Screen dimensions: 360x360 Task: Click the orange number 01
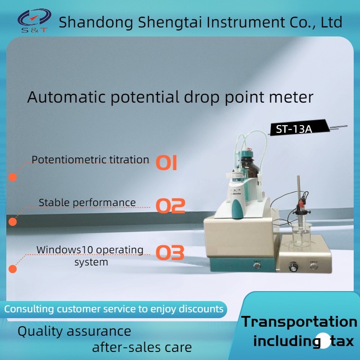coord(166,163)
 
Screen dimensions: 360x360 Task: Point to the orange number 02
coord(171,205)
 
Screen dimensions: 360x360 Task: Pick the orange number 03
coord(170,252)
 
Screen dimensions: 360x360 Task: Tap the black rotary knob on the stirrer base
coord(293,267)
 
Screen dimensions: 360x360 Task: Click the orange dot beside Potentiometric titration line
coord(13,177)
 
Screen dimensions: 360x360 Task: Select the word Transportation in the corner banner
coord(299,322)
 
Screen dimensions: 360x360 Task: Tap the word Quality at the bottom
coord(40,332)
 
